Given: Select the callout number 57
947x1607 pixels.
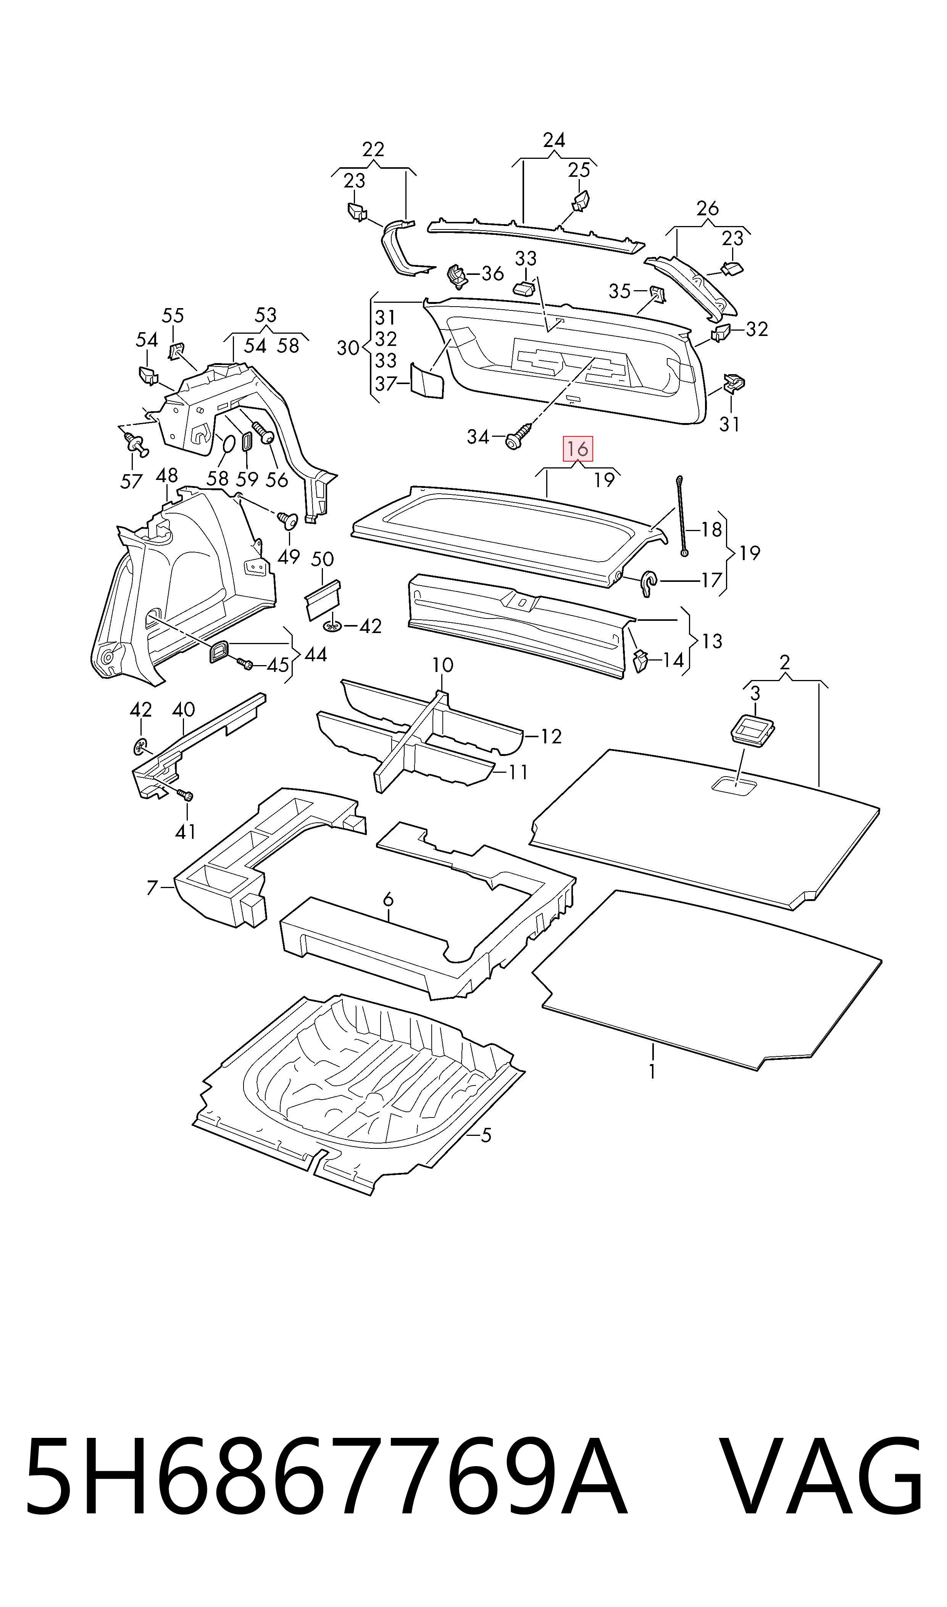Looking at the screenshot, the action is [x=131, y=481].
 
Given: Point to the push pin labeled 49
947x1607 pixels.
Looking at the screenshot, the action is [x=289, y=520].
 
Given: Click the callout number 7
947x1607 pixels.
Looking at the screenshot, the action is [x=152, y=888].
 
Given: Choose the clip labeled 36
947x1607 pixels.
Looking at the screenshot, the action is [x=456, y=275].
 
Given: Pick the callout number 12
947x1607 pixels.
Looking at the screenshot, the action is [x=551, y=737].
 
